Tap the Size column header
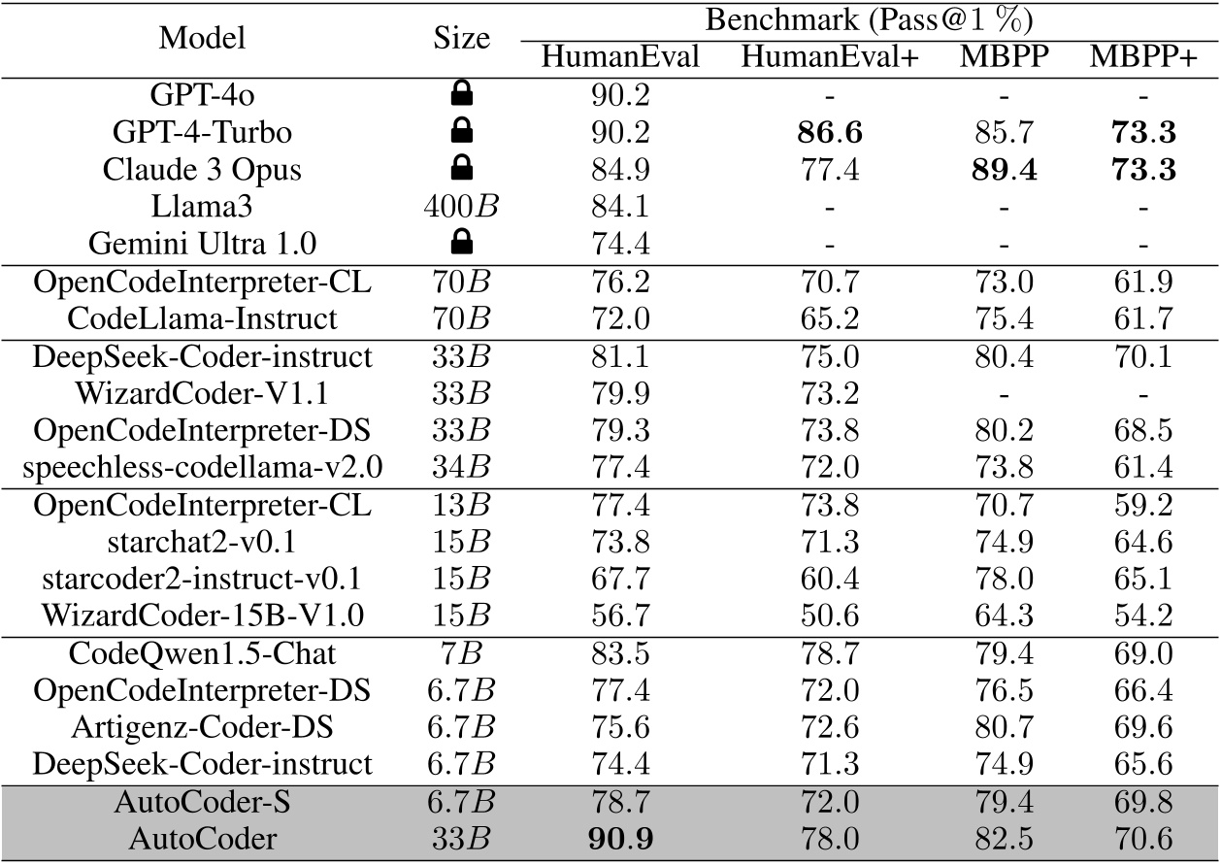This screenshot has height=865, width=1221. pyautogui.click(x=462, y=38)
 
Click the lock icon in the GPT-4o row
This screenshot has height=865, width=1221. pyautogui.click(x=462, y=94)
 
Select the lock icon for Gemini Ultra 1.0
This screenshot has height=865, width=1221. pyautogui.click(x=462, y=242)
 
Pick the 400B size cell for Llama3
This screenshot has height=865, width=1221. pyautogui.click(x=462, y=206)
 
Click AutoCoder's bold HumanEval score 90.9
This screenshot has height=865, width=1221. pyautogui.click(x=620, y=842)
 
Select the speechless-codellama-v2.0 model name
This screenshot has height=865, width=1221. pyautogui.click(x=202, y=468)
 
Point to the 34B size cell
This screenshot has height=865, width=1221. pyautogui.click(x=462, y=468)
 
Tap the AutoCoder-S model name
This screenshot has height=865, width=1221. pyautogui.click(x=202, y=804)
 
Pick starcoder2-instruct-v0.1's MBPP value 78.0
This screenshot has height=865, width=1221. pyautogui.click(x=1003, y=580)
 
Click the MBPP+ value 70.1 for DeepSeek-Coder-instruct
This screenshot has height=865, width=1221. pyautogui.click(x=1141, y=356)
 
